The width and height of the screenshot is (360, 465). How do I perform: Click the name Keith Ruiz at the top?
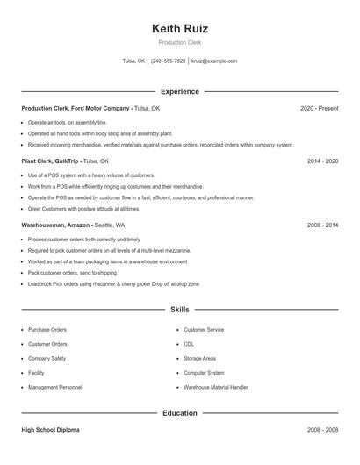[x=179, y=28]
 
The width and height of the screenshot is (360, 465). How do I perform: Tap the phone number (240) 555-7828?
[x=168, y=61]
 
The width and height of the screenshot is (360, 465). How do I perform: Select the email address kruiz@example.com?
[x=214, y=61]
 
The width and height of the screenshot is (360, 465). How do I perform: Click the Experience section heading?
[x=179, y=91]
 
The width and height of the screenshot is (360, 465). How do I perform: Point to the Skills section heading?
[x=179, y=310]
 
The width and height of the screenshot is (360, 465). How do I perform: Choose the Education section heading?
[x=179, y=412]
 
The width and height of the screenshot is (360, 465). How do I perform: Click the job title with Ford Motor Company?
[x=76, y=108]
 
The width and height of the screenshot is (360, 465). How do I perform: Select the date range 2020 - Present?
[x=319, y=108]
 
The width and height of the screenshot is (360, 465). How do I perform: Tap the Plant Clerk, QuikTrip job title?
[x=51, y=161]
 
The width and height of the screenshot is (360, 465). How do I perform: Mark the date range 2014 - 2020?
[x=323, y=161]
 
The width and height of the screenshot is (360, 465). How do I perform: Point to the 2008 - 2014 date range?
[x=323, y=225]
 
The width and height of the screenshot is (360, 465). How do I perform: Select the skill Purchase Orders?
[x=47, y=330]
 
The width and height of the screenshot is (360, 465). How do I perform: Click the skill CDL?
[x=188, y=344]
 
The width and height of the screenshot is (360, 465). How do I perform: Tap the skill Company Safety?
[x=47, y=358]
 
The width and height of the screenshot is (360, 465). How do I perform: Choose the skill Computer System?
[x=204, y=373]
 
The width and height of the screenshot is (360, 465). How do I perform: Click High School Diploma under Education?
[x=52, y=431]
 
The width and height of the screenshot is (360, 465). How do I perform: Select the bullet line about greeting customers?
[x=83, y=209]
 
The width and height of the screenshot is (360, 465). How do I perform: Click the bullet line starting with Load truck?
[x=113, y=284]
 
